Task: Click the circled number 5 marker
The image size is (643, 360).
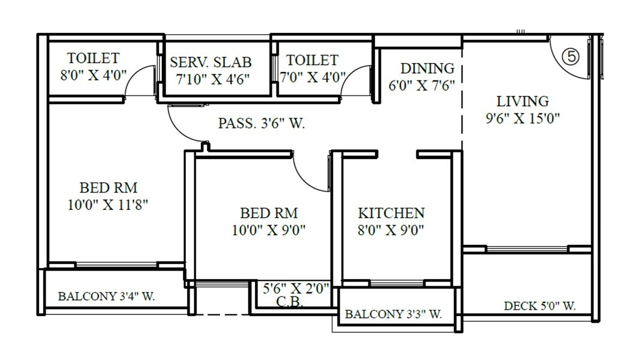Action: pyautogui.click(x=572, y=56)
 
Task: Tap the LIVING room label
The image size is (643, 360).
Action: pyautogui.click(x=522, y=101)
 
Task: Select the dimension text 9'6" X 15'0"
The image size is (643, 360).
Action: pyautogui.click(x=522, y=118)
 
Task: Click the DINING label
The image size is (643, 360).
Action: pyautogui.click(x=427, y=68)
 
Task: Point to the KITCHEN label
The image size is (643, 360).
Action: pyautogui.click(x=391, y=213)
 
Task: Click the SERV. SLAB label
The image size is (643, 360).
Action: pyautogui.click(x=211, y=62)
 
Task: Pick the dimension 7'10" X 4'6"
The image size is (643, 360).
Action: pyautogui.click(x=210, y=79)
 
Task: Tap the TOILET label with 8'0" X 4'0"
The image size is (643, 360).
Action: pyautogui.click(x=93, y=58)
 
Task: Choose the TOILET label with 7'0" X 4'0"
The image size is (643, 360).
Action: pyautogui.click(x=312, y=60)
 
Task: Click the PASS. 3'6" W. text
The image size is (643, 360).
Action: pyautogui.click(x=262, y=124)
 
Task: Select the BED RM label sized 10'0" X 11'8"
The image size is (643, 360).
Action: pyautogui.click(x=108, y=188)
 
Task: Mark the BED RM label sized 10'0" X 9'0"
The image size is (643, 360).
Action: pyautogui.click(x=269, y=213)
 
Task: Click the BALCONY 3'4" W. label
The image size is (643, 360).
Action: pyautogui.click(x=107, y=296)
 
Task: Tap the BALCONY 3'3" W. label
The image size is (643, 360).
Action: pyautogui.click(x=393, y=314)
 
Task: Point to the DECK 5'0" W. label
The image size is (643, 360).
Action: pyautogui.click(x=539, y=306)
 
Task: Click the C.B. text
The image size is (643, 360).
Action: pyautogui.click(x=289, y=302)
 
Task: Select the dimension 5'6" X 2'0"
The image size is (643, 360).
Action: pyautogui.click(x=296, y=289)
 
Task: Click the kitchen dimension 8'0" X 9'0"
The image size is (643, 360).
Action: pyautogui.click(x=391, y=230)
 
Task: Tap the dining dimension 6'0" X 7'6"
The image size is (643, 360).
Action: pyautogui.click(x=421, y=85)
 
